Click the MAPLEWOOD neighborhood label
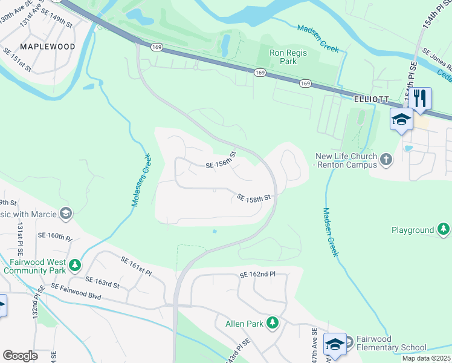click(x=48, y=47)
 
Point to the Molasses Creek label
click(x=141, y=180)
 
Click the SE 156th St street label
click(x=220, y=160)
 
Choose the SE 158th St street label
click(x=253, y=198)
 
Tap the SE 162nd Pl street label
click(x=257, y=275)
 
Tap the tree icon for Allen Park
click(x=273, y=324)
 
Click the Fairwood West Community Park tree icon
click(x=75, y=265)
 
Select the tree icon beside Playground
click(x=444, y=230)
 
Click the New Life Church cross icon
click(x=386, y=160)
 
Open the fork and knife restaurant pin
click(x=421, y=98)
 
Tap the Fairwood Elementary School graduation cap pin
click(x=335, y=344)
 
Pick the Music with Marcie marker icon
click(x=66, y=214)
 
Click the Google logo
click(x=20, y=355)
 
